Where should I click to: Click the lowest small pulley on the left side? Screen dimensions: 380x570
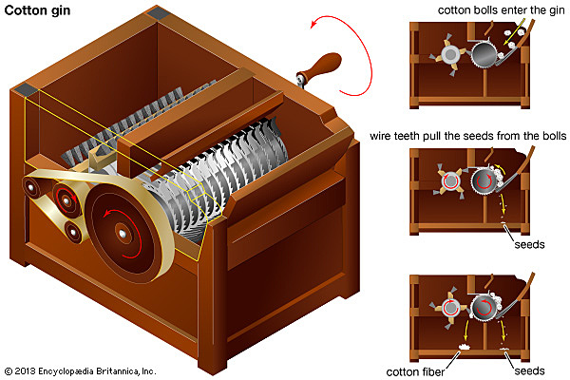72,231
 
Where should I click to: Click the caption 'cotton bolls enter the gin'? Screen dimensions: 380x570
499,10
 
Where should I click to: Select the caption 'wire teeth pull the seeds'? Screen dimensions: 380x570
468,137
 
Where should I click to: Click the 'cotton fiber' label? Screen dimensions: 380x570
415,371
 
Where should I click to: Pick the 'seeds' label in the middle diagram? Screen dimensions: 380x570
528,244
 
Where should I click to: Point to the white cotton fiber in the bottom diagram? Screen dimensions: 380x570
466,347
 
